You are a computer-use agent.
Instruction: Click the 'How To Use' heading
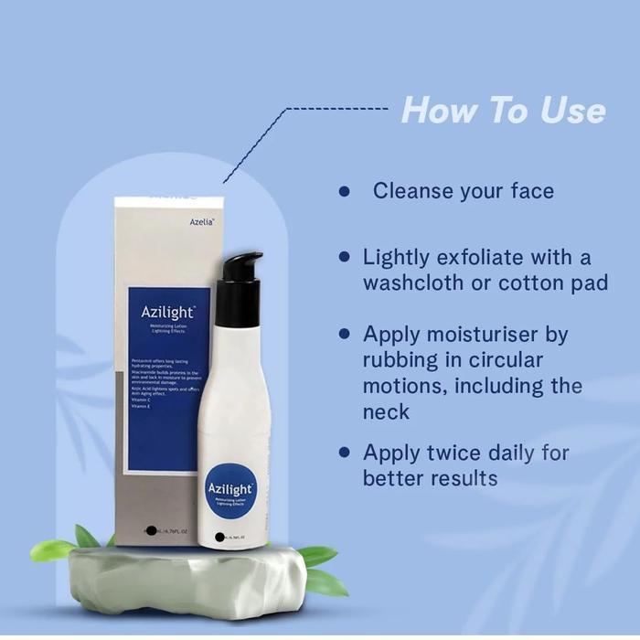503,111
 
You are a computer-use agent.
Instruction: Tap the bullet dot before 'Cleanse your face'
345,192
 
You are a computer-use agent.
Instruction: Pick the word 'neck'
386,411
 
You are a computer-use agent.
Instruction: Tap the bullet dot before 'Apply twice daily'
345,452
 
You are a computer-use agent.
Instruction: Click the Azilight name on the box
165,311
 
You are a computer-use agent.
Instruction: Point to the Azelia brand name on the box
201,221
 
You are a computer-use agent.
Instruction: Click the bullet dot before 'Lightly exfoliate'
345,258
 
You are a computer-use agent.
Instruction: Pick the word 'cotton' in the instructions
532,283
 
